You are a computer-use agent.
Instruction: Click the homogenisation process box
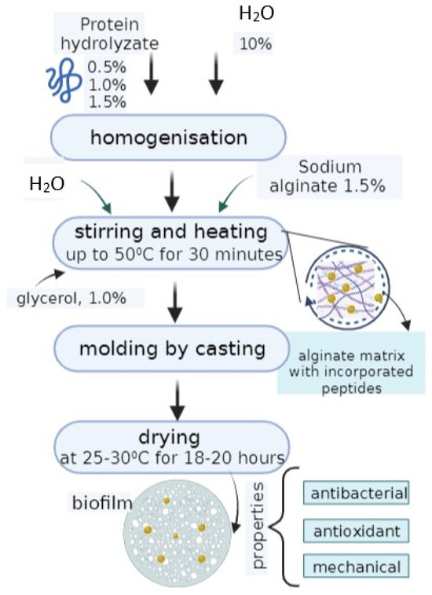click(x=168, y=138)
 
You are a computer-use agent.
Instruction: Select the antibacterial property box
click(x=360, y=494)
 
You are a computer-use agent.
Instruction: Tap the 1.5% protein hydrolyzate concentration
click(x=106, y=101)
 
